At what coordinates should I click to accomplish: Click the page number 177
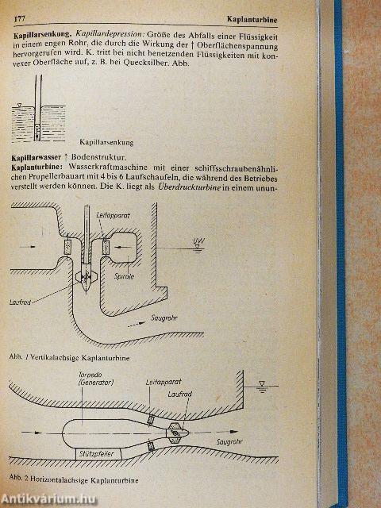(x=19, y=19)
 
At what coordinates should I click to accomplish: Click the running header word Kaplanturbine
(x=252, y=20)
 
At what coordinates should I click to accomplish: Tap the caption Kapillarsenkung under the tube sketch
(x=106, y=142)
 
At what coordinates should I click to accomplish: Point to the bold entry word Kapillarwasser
(x=36, y=158)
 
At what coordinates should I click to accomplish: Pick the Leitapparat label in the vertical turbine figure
(x=113, y=215)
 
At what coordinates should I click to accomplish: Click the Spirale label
(x=124, y=277)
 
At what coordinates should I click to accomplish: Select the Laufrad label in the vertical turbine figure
(x=20, y=302)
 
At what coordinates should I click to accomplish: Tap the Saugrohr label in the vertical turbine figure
(x=164, y=317)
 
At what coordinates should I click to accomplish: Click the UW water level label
(x=199, y=241)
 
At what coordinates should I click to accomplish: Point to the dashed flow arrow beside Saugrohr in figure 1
(x=137, y=325)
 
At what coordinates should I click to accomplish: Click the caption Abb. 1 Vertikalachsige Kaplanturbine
(x=69, y=358)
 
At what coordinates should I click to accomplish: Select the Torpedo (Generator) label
(x=96, y=379)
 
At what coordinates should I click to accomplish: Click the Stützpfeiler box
(x=97, y=454)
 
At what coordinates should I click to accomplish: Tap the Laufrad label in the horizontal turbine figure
(x=180, y=394)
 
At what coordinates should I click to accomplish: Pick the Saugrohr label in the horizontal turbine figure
(x=229, y=441)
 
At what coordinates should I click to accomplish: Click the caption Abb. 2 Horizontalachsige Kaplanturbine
(x=74, y=479)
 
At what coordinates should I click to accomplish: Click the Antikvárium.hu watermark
(x=48, y=499)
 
